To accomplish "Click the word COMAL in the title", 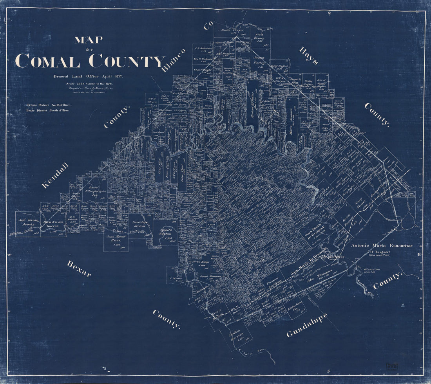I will pyautogui.click(x=47, y=61).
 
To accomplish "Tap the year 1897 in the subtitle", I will pyautogui.click(x=116, y=76).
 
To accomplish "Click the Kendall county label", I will pyautogui.click(x=55, y=175).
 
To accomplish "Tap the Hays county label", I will pyautogui.click(x=308, y=56).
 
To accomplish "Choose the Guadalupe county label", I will pyautogui.click(x=306, y=325).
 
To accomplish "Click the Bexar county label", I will pyautogui.click(x=79, y=269).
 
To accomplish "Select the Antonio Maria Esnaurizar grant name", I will pyautogui.click(x=381, y=246).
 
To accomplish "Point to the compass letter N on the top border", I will pyautogui.click(x=330, y=13).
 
